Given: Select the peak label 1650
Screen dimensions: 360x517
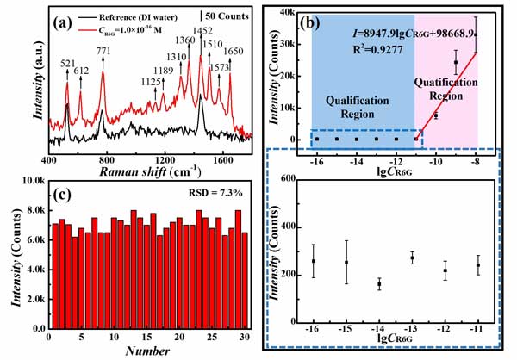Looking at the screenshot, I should (234, 51).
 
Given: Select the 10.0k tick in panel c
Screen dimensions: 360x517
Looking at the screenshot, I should (30, 183).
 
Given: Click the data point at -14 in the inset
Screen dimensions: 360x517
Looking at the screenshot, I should (379, 284).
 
